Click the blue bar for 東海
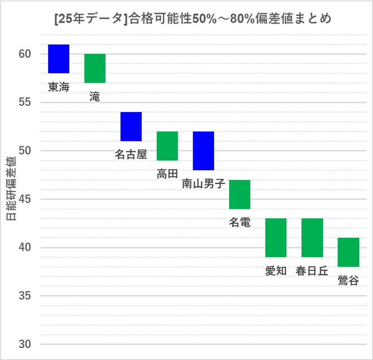click(x=59, y=59)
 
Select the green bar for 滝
click(x=95, y=68)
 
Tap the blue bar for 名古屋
click(x=131, y=126)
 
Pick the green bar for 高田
click(x=167, y=146)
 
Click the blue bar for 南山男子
click(x=203, y=151)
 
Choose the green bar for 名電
click(x=240, y=194)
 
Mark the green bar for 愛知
click(x=276, y=237)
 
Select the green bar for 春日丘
click(x=312, y=237)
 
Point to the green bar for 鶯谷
click(x=348, y=252)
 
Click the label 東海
click(x=59, y=87)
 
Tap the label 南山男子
click(x=203, y=184)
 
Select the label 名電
click(x=240, y=222)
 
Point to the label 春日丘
click(x=312, y=271)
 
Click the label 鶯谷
click(x=348, y=280)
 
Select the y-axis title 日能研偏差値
click(x=11, y=189)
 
